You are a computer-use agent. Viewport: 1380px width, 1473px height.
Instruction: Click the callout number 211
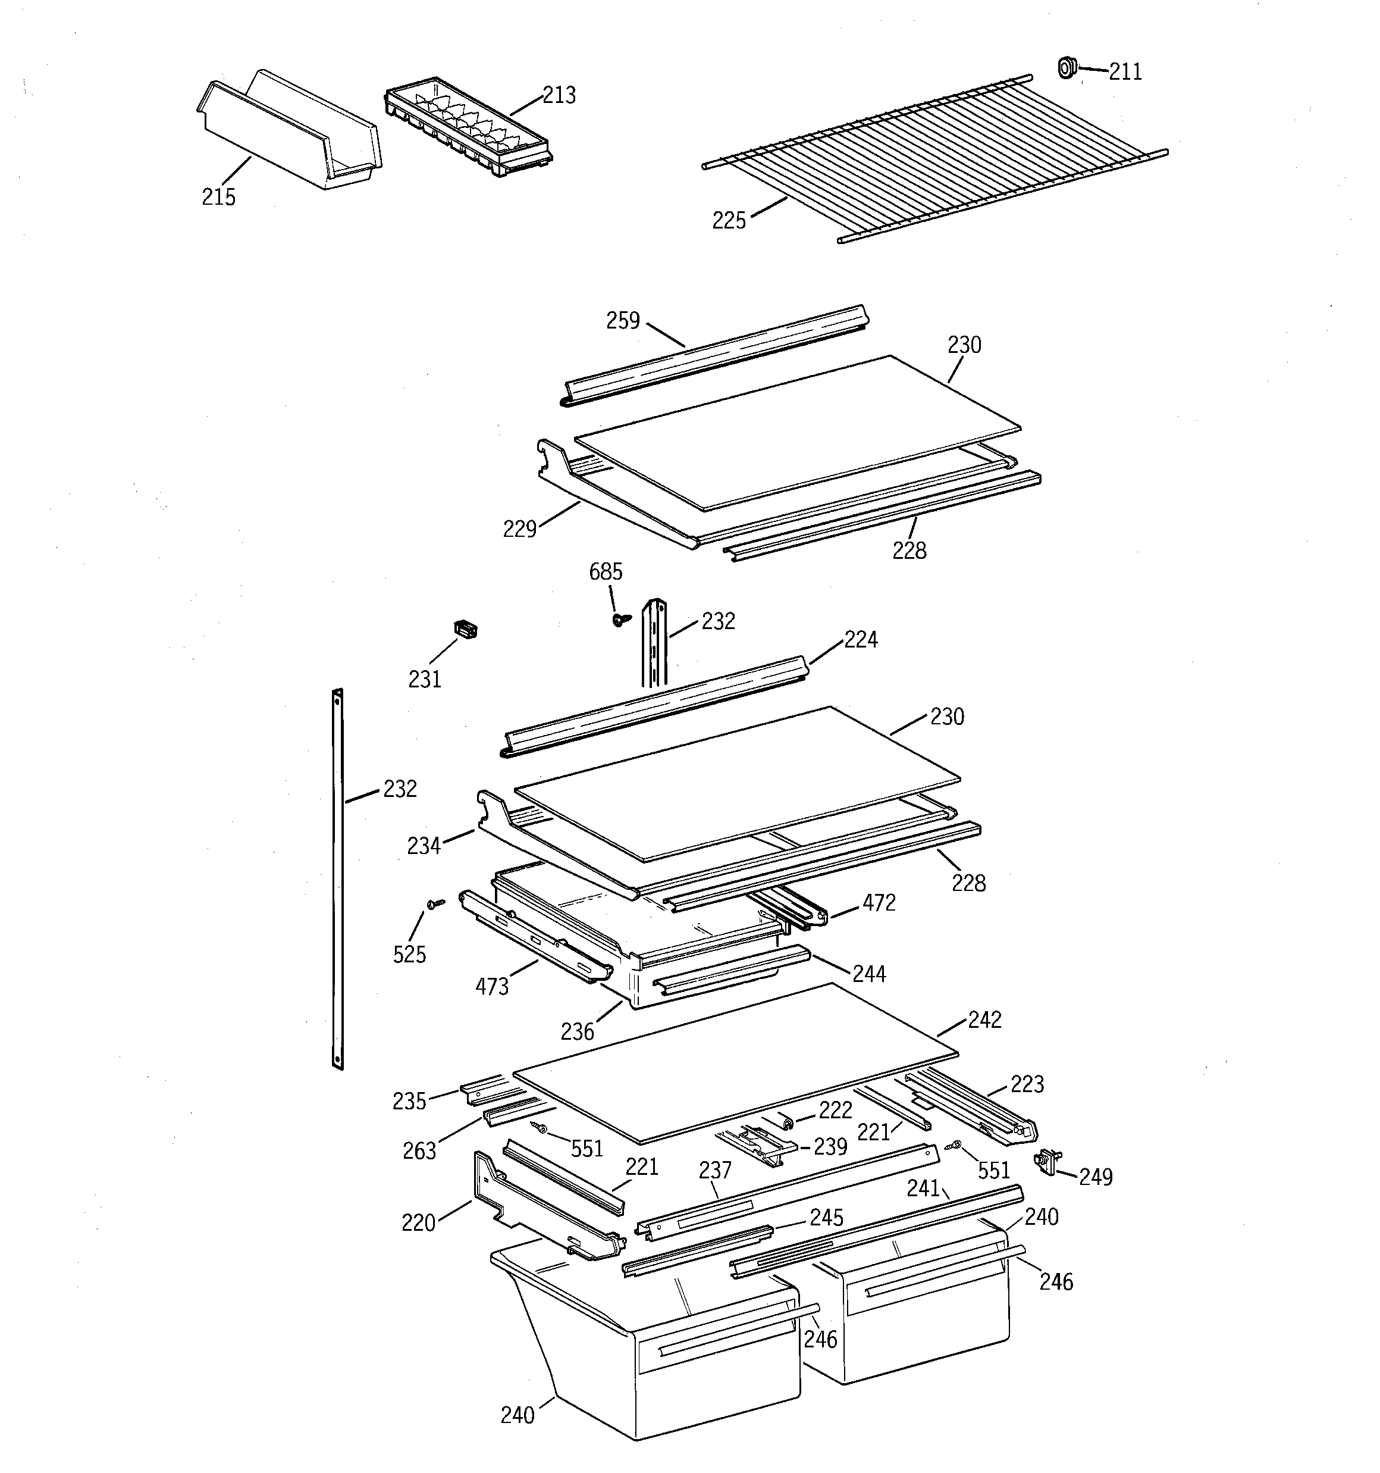tap(1124, 72)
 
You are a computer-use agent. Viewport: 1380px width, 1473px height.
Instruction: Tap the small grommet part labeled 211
tap(1066, 67)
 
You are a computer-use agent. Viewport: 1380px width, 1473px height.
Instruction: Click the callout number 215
tap(218, 197)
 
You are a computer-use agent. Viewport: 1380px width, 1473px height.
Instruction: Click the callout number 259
tap(623, 320)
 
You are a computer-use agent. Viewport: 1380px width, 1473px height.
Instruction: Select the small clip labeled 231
tap(465, 629)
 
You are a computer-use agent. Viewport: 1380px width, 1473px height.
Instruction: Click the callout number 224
tap(861, 639)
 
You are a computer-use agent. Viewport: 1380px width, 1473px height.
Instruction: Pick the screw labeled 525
tap(435, 904)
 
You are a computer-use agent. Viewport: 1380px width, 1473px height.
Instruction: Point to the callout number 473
tap(492, 986)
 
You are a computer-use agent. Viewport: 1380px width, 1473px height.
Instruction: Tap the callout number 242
tap(984, 1020)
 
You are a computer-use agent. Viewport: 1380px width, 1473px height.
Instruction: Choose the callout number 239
tap(830, 1146)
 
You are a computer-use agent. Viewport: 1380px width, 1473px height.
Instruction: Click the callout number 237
tap(715, 1171)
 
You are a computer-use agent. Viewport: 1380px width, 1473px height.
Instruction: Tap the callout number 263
tap(419, 1150)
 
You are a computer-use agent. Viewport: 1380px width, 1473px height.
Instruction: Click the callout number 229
tap(519, 529)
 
